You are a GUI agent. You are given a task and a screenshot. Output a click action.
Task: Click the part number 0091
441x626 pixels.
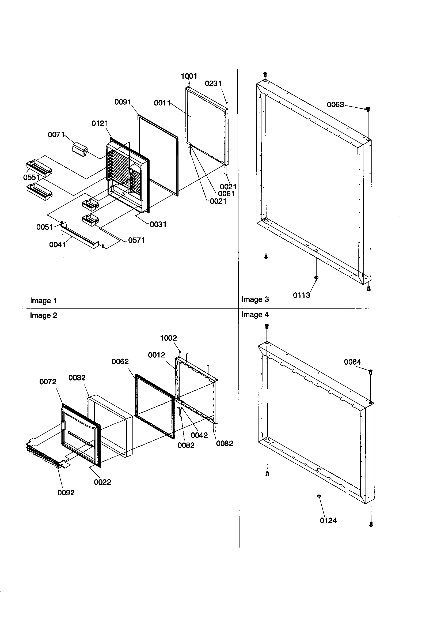[123, 102]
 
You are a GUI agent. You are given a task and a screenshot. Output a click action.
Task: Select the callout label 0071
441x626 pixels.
[56, 135]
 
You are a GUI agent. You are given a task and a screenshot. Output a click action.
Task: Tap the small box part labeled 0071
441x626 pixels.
[79, 150]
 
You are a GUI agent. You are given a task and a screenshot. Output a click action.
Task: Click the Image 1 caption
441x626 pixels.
[43, 301]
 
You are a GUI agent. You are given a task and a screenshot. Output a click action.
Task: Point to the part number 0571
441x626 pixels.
[136, 240]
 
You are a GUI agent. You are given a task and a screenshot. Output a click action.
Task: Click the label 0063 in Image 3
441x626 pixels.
[335, 105]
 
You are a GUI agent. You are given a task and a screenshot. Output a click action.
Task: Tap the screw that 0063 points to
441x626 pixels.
[368, 109]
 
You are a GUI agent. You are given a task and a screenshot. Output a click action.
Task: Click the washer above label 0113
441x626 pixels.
[316, 278]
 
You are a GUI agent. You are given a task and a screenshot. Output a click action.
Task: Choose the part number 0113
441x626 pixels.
[302, 295]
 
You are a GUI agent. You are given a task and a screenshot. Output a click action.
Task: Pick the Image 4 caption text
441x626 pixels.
[255, 315]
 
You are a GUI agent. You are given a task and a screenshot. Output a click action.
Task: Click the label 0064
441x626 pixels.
[352, 362]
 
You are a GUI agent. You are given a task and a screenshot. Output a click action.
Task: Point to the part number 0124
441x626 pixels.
[328, 521]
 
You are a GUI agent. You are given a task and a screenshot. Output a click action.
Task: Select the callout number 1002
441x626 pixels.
[168, 338]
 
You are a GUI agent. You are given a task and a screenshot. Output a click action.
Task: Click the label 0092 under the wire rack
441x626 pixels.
[66, 493]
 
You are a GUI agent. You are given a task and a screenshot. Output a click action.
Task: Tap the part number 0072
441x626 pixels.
[48, 382]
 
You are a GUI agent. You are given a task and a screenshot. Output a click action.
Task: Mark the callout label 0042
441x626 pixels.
[199, 435]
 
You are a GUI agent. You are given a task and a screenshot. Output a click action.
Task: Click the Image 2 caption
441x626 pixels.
[43, 315]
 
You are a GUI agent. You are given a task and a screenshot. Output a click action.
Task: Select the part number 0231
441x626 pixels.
[213, 84]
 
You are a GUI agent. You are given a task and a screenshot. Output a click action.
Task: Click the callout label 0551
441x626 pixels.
[31, 178]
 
